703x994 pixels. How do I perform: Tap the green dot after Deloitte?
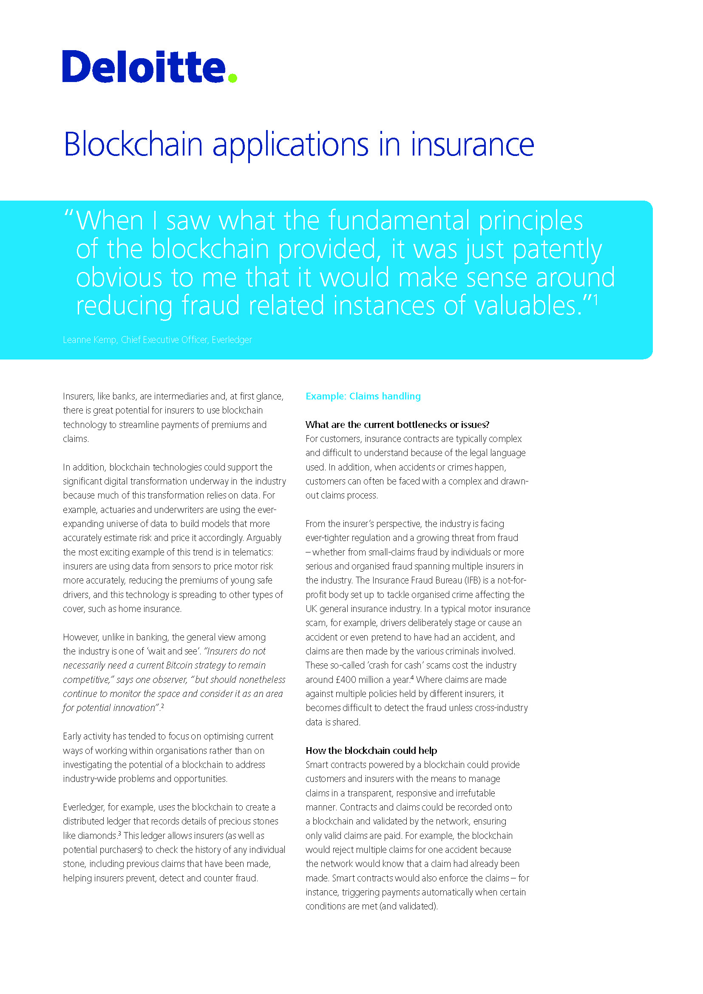click(x=232, y=78)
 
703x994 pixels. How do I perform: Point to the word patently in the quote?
click(x=557, y=250)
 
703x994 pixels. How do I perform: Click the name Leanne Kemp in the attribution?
click(x=90, y=340)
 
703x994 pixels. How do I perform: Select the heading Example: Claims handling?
click(x=363, y=396)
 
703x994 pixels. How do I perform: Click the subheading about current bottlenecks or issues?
click(x=397, y=425)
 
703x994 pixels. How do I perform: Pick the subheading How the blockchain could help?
click(x=371, y=750)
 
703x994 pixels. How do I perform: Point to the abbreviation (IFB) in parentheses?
click(x=472, y=580)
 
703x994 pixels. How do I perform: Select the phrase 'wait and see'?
click(x=174, y=651)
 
